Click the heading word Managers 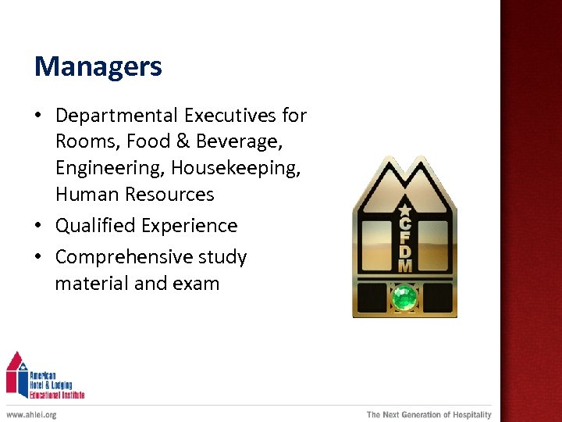[x=98, y=66]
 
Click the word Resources [x=167, y=194]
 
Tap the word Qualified [x=94, y=226]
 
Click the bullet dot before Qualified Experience [x=38, y=226]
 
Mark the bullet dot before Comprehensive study [x=38, y=257]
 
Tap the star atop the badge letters [x=404, y=209]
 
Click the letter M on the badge [x=404, y=266]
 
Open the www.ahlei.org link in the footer [x=31, y=415]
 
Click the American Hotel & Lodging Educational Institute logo [x=44, y=376]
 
